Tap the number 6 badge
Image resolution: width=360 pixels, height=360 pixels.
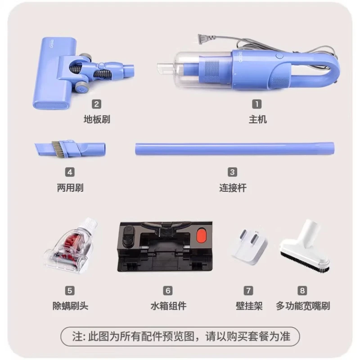tap(168, 291)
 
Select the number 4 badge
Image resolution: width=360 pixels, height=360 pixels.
tap(69, 172)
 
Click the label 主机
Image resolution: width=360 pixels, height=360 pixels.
tap(257, 119)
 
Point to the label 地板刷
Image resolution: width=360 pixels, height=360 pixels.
tap(97, 119)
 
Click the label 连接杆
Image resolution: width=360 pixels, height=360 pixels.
tap(233, 187)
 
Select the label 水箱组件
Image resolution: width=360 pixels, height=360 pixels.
tap(168, 306)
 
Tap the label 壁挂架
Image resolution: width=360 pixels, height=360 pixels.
tap(249, 306)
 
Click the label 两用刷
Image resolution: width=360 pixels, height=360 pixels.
tap(70, 187)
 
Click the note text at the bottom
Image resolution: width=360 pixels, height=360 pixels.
tap(180, 336)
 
